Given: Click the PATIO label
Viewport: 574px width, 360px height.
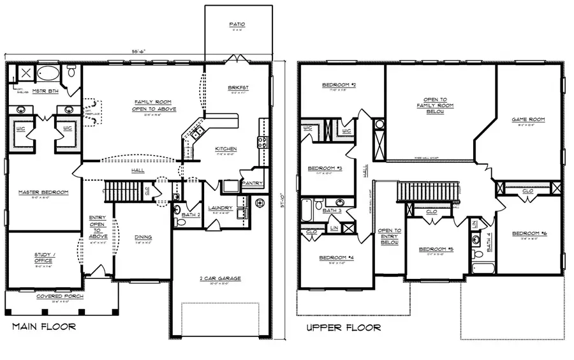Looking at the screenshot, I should coord(237,25).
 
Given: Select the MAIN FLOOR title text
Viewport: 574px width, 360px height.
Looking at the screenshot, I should coord(44,327).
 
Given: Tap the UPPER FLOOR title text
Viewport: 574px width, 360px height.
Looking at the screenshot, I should coord(343,328).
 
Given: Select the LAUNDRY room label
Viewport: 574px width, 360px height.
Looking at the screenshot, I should coord(221,207).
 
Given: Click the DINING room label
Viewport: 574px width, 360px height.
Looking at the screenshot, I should coord(143,237).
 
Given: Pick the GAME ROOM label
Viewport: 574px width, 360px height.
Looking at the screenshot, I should coord(528,119).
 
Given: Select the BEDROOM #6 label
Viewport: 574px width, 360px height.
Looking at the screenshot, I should coord(529,234).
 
